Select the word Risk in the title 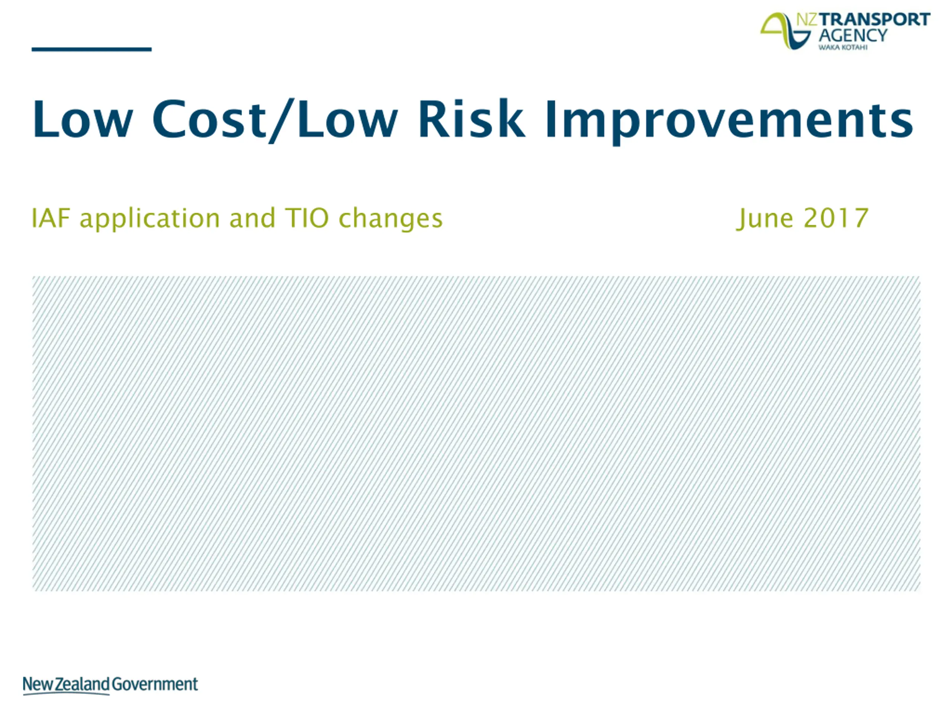471,119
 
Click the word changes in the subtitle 391,219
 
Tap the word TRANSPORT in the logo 875,20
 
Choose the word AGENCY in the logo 853,35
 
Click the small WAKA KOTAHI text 843,47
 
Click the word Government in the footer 155,684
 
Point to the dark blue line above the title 92,49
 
